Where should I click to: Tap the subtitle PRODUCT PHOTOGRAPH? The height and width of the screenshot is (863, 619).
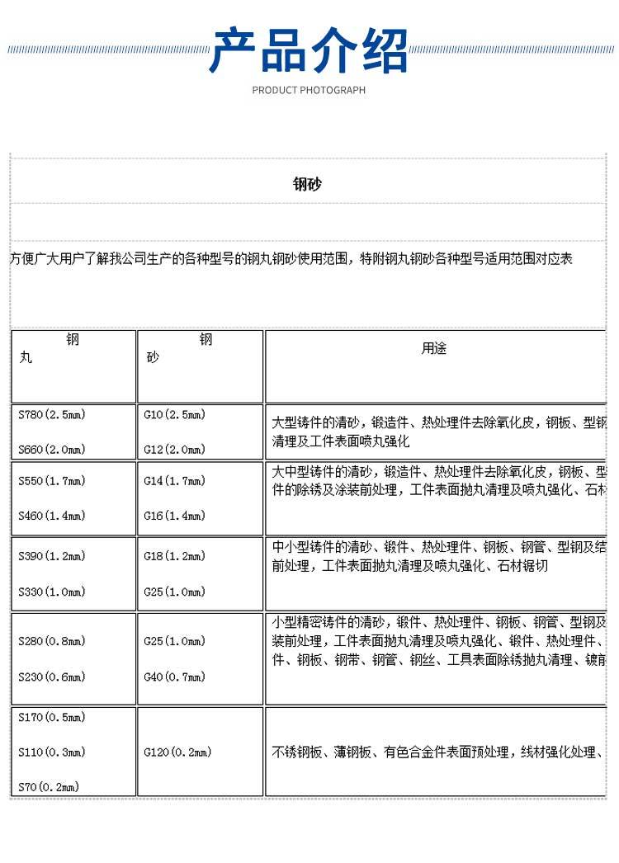tap(309, 90)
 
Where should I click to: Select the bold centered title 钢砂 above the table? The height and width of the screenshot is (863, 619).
tap(307, 184)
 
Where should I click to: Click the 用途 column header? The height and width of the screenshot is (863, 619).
tap(434, 349)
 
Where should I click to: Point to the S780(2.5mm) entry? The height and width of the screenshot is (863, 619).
tap(52, 415)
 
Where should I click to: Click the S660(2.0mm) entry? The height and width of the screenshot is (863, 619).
tap(52, 450)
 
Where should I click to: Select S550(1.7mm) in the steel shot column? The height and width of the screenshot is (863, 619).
tap(52, 481)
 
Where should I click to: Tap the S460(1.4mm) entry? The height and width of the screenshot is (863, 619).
tap(52, 516)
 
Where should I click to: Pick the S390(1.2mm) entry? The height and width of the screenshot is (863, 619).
tap(52, 557)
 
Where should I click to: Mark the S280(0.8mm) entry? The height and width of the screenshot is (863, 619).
tap(52, 642)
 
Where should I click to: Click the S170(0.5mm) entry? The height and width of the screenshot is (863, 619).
tap(52, 718)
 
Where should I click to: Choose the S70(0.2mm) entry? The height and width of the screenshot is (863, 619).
tap(49, 787)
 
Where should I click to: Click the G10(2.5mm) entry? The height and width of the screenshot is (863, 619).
tap(174, 415)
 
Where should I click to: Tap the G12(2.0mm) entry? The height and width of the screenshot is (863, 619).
tap(174, 450)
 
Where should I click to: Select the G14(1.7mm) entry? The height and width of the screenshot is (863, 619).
tap(174, 481)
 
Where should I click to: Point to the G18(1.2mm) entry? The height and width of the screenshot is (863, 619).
tap(174, 557)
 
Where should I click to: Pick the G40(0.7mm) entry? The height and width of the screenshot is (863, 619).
tap(174, 677)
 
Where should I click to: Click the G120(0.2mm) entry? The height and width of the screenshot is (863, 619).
tap(177, 752)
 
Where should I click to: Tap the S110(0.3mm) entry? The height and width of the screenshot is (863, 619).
tap(52, 752)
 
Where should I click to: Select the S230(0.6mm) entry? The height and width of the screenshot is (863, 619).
tap(52, 677)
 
